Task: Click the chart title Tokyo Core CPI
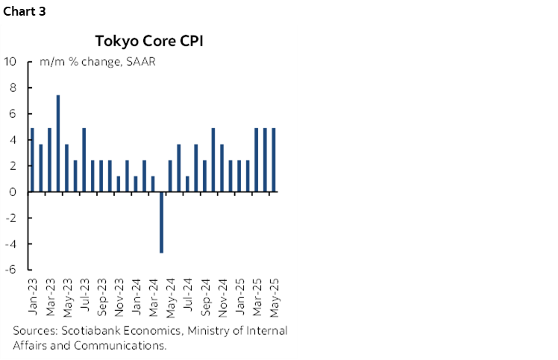pyautogui.click(x=149, y=40)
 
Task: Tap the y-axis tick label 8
pyautogui.click(x=13, y=87)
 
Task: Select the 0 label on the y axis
pyautogui.click(x=13, y=192)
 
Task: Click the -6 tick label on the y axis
pyautogui.click(x=11, y=270)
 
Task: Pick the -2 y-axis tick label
pyautogui.click(x=11, y=218)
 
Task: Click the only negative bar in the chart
pyautogui.click(x=162, y=222)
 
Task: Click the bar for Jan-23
pyautogui.click(x=32, y=160)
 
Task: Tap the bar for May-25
pyautogui.click(x=274, y=160)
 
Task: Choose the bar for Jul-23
pyautogui.click(x=84, y=160)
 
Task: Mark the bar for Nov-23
pyautogui.click(x=119, y=184)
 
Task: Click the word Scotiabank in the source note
pyautogui.click(x=85, y=331)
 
